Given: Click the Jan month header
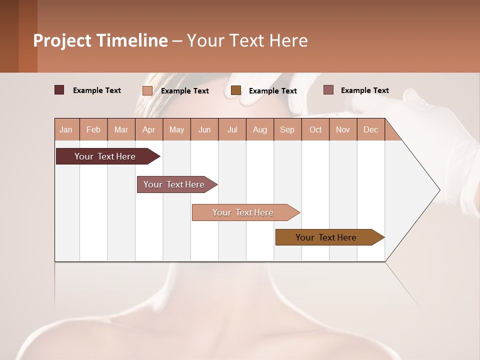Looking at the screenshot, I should [66, 129].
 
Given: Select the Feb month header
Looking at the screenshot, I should [93, 129].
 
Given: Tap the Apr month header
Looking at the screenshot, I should [148, 129].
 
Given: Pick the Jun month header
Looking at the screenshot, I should [204, 129].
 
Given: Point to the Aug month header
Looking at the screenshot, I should [259, 129].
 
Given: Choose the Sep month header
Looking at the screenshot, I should [287, 129].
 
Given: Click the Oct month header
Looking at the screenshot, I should [315, 129].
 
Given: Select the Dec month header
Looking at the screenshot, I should [370, 129].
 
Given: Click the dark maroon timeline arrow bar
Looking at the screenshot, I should [105, 156].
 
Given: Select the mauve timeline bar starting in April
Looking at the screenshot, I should [174, 184].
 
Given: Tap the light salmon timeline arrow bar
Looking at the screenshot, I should [243, 212].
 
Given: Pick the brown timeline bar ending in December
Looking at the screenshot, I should [326, 237].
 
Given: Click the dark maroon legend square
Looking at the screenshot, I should [59, 90].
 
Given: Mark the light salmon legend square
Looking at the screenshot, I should [147, 90].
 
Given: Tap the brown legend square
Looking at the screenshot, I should [236, 90].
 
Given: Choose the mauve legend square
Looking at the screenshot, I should [328, 90].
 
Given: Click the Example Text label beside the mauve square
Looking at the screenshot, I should [364, 90].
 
